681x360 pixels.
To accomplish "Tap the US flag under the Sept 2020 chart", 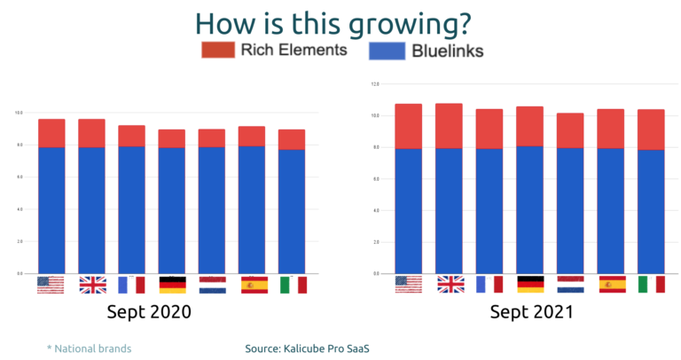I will point(51,285).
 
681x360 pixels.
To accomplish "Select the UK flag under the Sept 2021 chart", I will point(450,284).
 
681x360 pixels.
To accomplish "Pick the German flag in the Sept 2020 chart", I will point(172,285).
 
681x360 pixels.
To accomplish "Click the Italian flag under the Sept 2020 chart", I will point(292,285).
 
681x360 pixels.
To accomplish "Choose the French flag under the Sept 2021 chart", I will point(489,284).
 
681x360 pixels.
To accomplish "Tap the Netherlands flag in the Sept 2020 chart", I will point(212,285).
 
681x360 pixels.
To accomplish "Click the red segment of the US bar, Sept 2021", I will point(408,126).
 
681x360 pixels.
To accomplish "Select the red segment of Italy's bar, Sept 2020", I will point(292,139).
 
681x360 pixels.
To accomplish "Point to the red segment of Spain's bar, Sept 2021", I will point(610,128).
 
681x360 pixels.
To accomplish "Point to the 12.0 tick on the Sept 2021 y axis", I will point(375,84).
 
